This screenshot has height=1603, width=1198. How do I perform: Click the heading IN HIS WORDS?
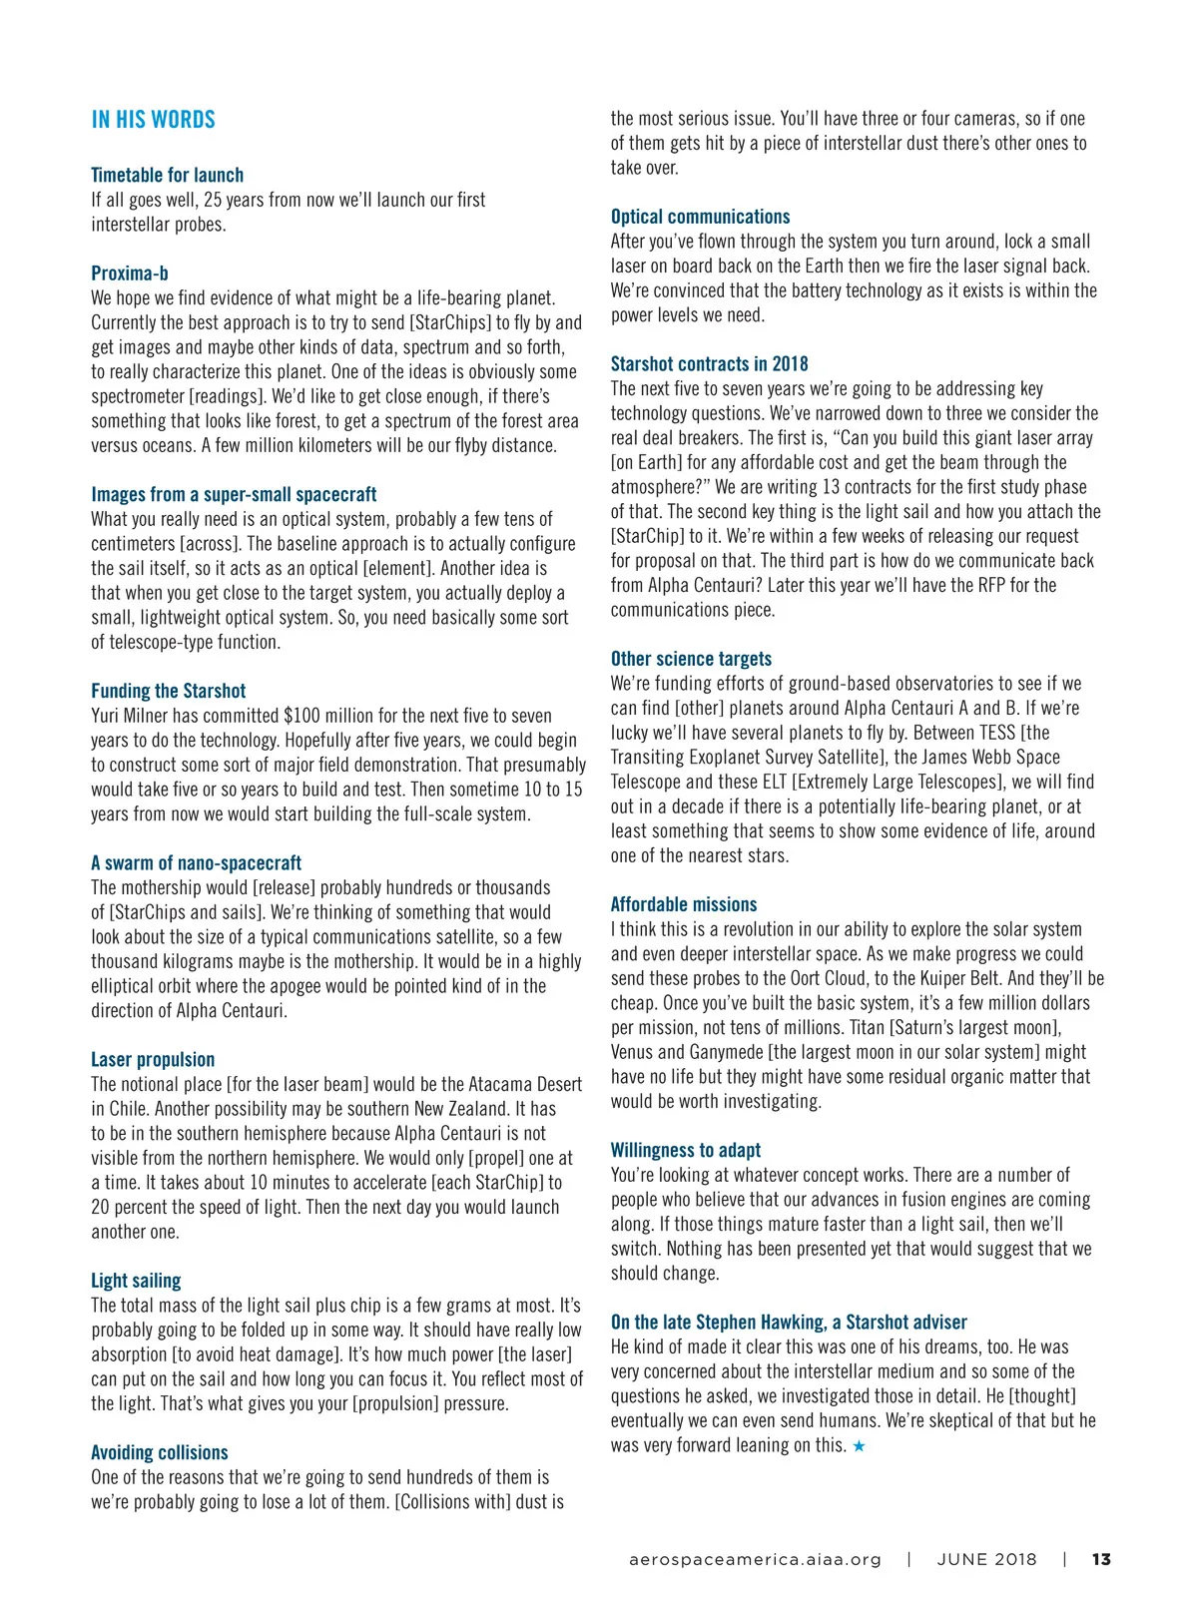(x=153, y=120)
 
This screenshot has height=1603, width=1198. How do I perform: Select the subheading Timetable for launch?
(x=167, y=175)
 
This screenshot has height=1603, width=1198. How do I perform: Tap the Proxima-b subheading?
(x=130, y=273)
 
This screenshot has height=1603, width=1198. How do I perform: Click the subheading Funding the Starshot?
(x=168, y=691)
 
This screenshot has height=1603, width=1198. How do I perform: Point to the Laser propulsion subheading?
(x=153, y=1060)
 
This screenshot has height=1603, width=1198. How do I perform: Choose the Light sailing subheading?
(x=136, y=1281)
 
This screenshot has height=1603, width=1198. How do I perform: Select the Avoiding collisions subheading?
(x=160, y=1453)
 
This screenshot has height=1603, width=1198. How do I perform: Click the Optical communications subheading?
(x=700, y=217)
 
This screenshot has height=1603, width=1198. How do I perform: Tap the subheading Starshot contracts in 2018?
(x=709, y=364)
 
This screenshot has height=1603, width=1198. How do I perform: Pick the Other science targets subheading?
(x=691, y=659)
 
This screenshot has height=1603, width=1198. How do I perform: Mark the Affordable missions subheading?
(x=684, y=904)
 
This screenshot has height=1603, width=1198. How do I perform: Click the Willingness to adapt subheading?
(x=685, y=1150)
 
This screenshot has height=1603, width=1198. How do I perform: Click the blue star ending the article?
(x=859, y=1446)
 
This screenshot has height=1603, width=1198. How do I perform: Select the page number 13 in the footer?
(x=1101, y=1559)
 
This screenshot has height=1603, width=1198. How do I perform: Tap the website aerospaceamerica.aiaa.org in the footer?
(x=755, y=1559)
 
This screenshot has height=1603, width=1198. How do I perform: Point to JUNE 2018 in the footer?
(x=986, y=1559)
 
